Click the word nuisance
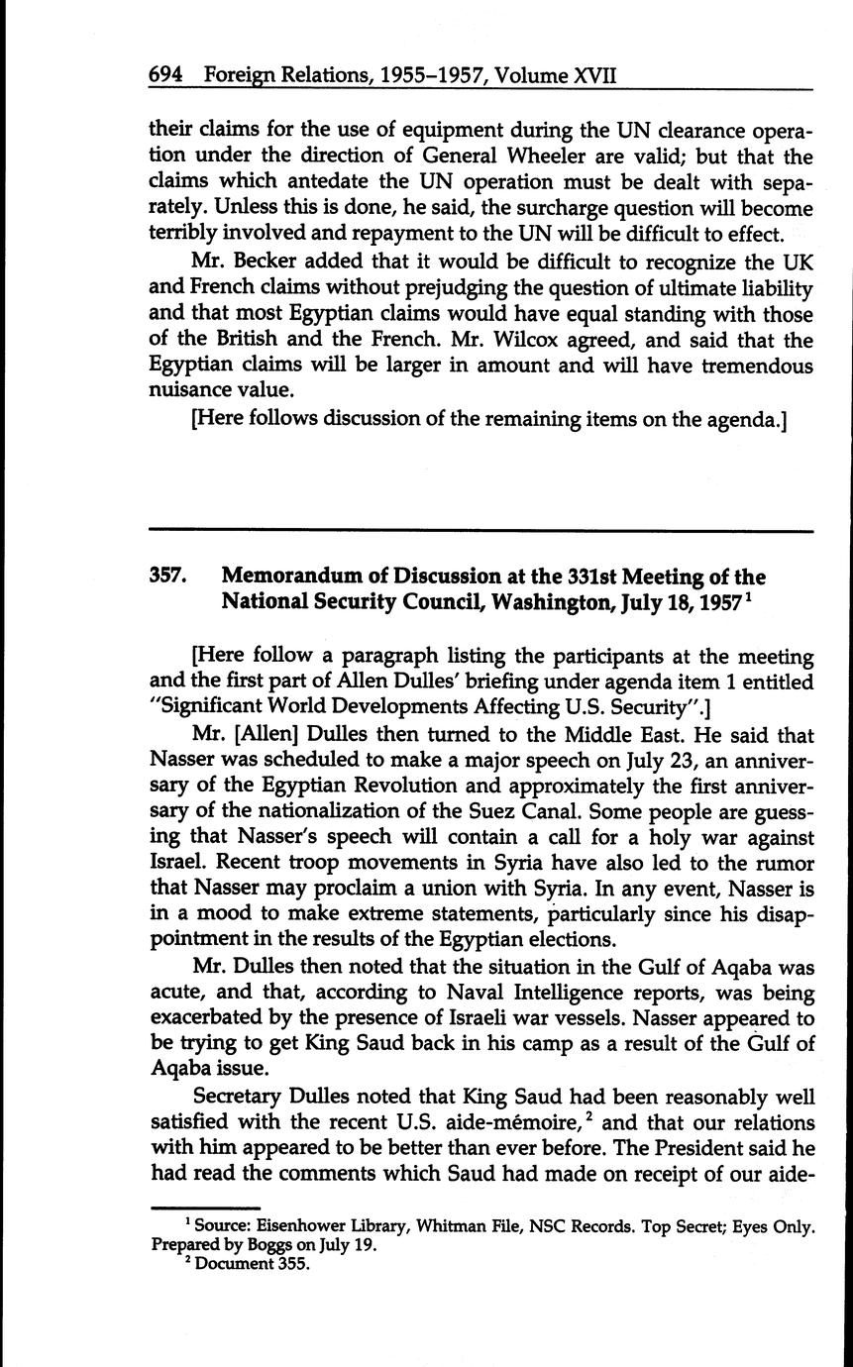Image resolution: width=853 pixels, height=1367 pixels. [x=192, y=391]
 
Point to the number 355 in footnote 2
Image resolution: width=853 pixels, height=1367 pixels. [x=278, y=1264]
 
